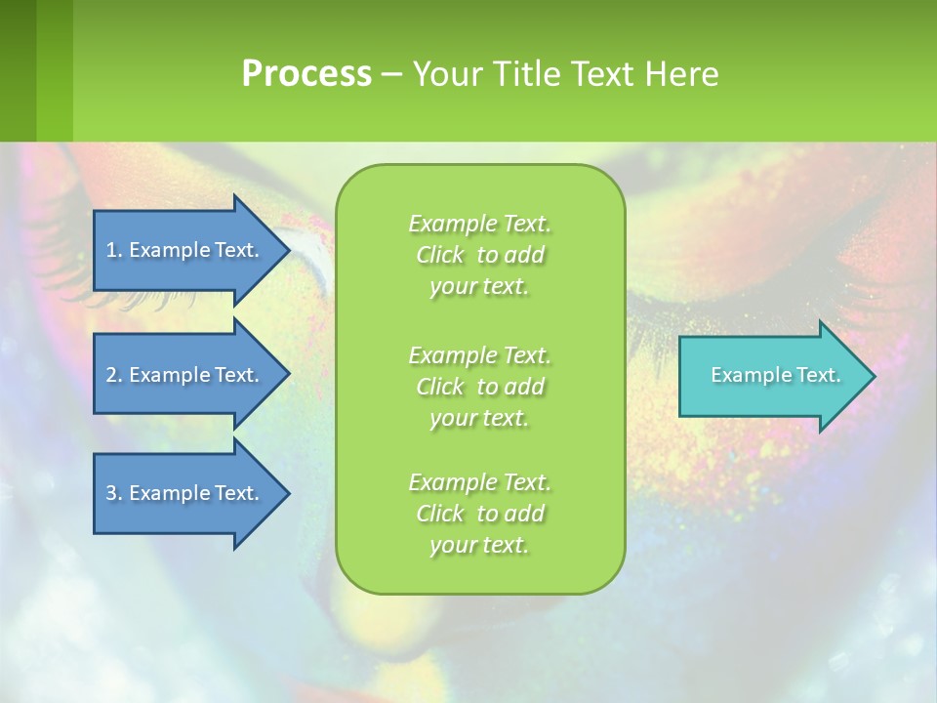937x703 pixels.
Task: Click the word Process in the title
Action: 306,74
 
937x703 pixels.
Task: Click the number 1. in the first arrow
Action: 114,250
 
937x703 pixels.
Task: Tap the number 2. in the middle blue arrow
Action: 114,375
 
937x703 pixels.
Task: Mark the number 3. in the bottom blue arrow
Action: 114,493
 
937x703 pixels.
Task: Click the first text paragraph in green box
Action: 479,255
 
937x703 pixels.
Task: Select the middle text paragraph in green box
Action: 479,387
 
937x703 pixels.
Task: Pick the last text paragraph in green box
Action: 479,514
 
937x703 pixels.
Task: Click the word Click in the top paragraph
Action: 440,255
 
